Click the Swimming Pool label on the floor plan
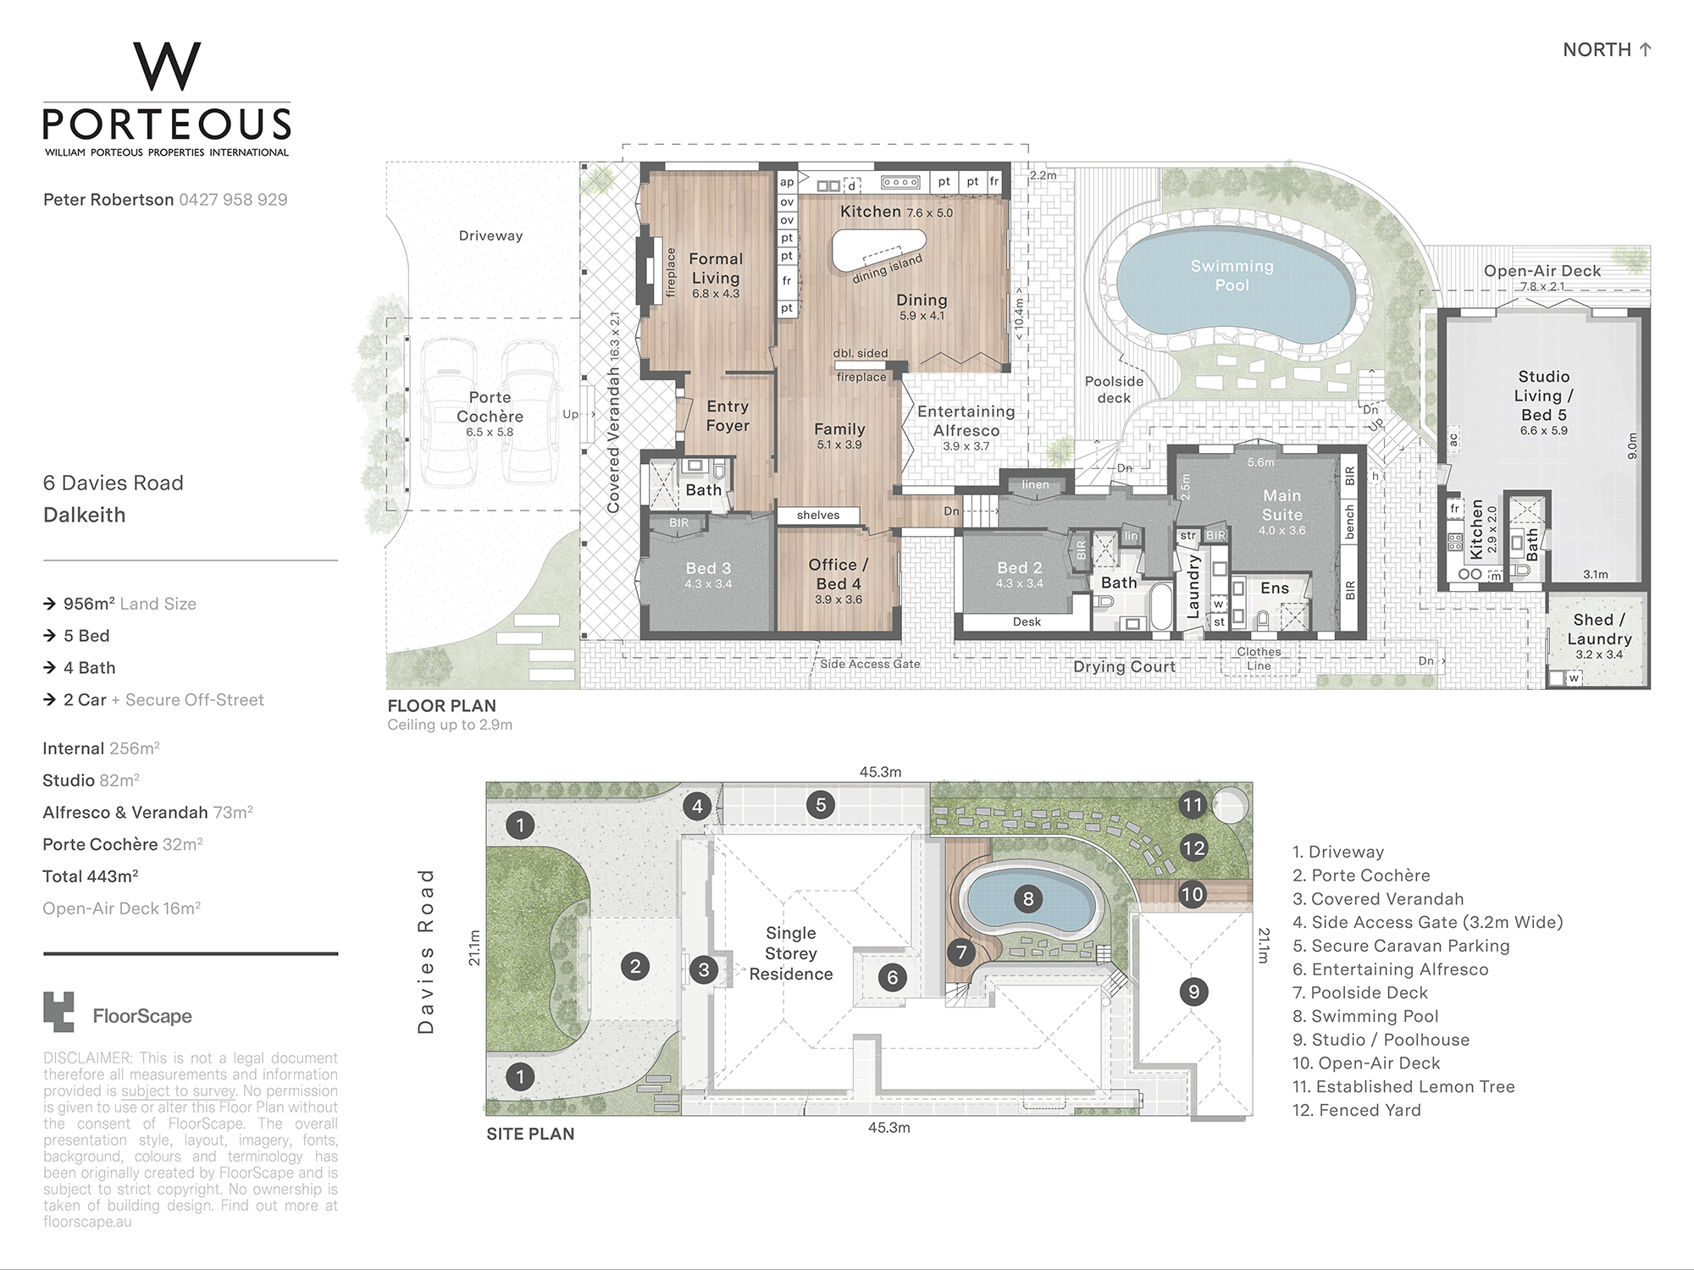[x=1232, y=276]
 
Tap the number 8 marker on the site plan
[x=1028, y=898]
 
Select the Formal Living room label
[x=716, y=268]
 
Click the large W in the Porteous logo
[x=167, y=67]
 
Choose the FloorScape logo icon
[x=58, y=1012]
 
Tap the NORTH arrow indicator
[x=1646, y=49]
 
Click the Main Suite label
[x=1282, y=505]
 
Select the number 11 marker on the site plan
[x=1193, y=804]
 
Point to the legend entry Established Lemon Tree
[x=1403, y=1086]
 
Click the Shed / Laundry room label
[x=1599, y=630]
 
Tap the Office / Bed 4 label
[x=839, y=574]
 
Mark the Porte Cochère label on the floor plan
[x=490, y=407]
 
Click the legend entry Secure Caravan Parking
[x=1401, y=946]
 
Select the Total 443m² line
[x=91, y=876]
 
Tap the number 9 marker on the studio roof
[x=1193, y=991]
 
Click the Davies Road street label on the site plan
[x=426, y=950]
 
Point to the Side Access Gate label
[x=870, y=664]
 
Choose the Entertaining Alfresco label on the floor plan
[x=966, y=421]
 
